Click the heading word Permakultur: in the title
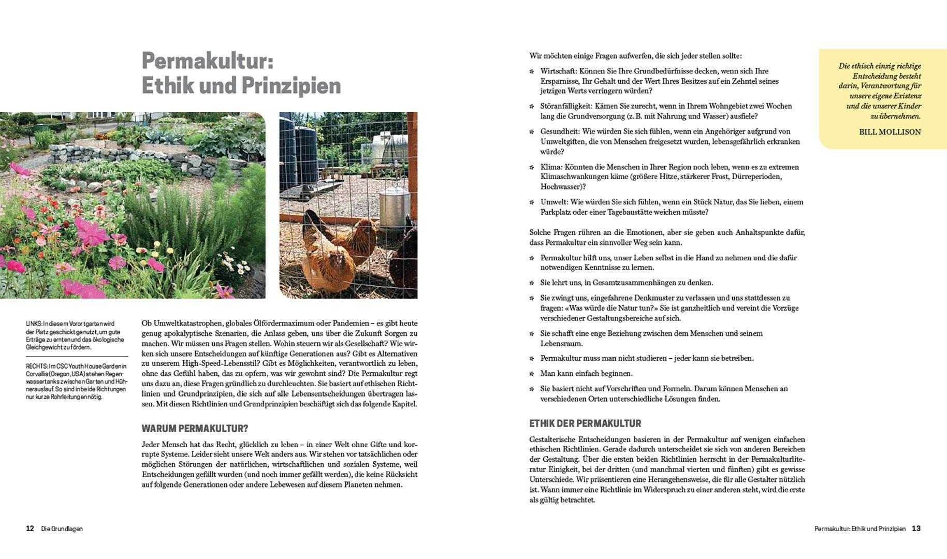coord(207,62)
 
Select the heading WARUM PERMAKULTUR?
coord(195,429)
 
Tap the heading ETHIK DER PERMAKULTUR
coord(585,423)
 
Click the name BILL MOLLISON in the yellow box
coord(890,132)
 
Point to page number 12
coord(30,528)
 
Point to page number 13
coord(916,528)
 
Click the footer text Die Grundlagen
coord(62,529)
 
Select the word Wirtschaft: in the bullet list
coord(559,71)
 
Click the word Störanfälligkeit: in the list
coord(563,106)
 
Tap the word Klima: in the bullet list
coord(551,167)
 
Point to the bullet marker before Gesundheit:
coord(532,132)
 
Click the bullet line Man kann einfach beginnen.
coord(586,373)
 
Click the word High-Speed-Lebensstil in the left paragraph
coord(212,363)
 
